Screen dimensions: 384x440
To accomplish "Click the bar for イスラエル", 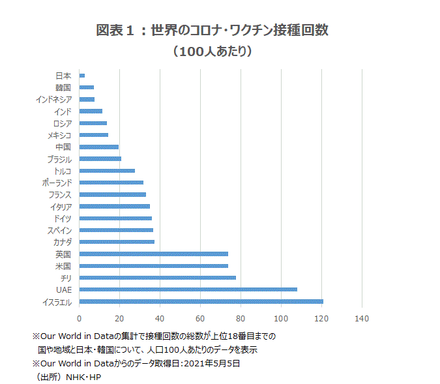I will point(201,301).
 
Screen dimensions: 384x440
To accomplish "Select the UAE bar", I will point(188,289).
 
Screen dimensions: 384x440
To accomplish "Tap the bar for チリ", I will point(157,278).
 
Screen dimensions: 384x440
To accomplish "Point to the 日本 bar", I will point(82,76).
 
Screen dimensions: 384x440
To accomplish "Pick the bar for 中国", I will point(98,147).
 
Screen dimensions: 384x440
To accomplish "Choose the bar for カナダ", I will point(117,242).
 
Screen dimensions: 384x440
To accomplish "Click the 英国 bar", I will point(153,254).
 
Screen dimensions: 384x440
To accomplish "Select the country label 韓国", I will point(63,87).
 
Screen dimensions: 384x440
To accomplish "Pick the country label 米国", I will point(63,266).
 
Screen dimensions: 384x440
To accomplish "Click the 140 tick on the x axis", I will point(362,319).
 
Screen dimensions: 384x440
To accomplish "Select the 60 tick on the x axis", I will point(200,319).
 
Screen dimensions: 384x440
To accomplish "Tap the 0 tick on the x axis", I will point(80,319).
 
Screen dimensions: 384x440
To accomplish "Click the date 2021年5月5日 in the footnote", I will point(212,363).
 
